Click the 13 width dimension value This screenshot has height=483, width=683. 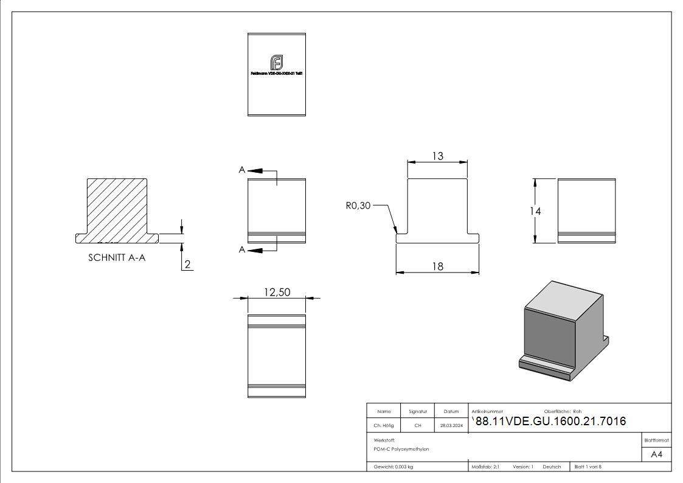tap(437, 156)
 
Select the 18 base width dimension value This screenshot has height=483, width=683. tap(437, 266)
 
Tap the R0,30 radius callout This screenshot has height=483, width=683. tap(358, 206)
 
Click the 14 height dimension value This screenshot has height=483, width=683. tap(535, 211)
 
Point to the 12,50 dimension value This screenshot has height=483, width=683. tap(277, 293)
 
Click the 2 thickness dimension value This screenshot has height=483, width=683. tap(188, 264)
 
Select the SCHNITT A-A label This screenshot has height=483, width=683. tap(117, 257)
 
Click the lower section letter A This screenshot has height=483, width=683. tap(242, 249)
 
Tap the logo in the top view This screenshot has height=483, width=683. tap(277, 63)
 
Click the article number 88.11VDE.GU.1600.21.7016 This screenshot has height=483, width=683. tap(550, 422)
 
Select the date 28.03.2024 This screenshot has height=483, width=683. tap(451, 426)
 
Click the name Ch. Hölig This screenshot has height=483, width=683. tap(383, 426)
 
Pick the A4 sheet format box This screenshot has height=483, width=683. tap(656, 454)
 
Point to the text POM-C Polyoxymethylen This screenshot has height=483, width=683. tap(401, 449)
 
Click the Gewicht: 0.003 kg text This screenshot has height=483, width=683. tap(394, 467)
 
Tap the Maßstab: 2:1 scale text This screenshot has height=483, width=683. tap(485, 467)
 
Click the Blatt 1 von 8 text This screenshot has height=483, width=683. tap(588, 467)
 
